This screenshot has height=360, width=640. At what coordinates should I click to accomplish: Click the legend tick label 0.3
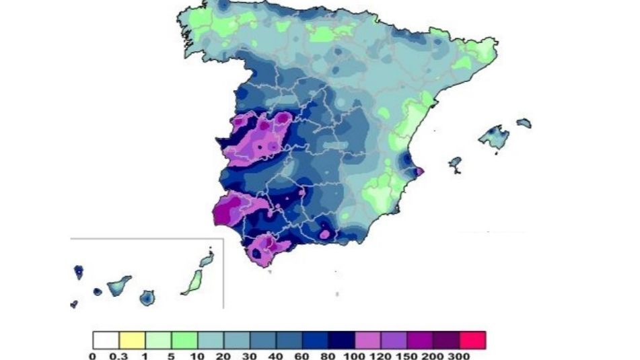tap(119, 356)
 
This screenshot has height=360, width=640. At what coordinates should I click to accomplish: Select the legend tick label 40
tap(276, 356)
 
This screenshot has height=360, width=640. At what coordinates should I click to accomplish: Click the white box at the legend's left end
tap(106, 339)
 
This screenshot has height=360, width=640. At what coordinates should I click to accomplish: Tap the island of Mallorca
tap(495, 137)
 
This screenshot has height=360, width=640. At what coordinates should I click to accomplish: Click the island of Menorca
tap(524, 123)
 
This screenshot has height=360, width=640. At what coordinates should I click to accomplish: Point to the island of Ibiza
tap(455, 162)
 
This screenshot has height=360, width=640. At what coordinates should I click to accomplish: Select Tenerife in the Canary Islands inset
tap(118, 285)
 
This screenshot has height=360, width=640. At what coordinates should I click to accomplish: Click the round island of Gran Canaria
tap(147, 297)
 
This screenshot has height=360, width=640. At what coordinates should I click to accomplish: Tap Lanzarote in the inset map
tap(207, 258)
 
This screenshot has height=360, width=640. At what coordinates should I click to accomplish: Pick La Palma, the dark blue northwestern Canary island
tap(78, 272)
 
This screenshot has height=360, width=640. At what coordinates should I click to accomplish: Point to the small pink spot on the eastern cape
tap(419, 172)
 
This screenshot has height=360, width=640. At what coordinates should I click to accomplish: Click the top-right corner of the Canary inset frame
tap(223, 238)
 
